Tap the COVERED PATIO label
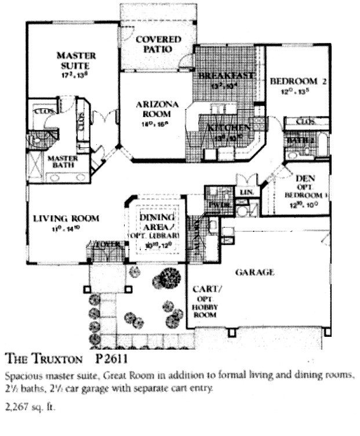[158, 44]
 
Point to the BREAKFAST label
[226, 76]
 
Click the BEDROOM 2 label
[299, 82]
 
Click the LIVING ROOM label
[66, 219]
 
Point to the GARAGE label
[254, 272]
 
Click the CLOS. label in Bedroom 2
[305, 122]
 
